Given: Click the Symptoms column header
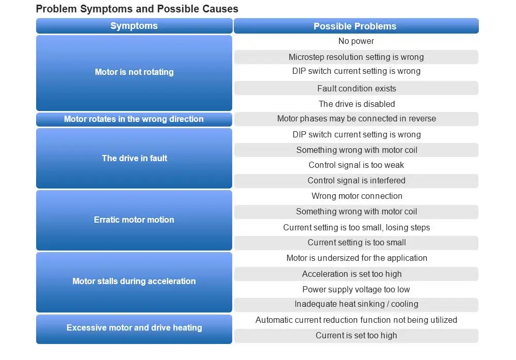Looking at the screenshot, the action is coord(134,26).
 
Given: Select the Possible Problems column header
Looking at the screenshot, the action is coord(356,26).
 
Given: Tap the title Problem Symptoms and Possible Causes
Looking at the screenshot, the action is coord(137,9).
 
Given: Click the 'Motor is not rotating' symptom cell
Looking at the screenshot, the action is coord(134,73).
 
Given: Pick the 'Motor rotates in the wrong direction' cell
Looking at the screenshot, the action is coord(134,119).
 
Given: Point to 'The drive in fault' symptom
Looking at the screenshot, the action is coord(134,158).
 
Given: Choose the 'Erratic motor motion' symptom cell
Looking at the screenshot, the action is coord(134,220).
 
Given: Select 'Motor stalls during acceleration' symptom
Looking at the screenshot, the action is coord(134,282).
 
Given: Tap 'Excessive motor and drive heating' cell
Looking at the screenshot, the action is coord(134,329).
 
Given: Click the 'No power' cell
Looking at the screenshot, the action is coord(356,41).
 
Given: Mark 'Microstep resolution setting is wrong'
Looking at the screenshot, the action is coord(356,57).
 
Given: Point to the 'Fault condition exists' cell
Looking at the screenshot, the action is coord(356,88).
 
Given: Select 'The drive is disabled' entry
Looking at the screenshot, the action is coord(356,104).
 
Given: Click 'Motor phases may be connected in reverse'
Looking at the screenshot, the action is coord(356,119).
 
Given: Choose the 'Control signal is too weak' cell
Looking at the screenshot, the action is coord(356,165).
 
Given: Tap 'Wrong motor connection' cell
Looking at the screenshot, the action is coord(356,196).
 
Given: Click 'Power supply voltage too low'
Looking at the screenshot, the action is coord(356,290).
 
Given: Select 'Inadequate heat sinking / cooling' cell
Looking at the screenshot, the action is coord(356,304).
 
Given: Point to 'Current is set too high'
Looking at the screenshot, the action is coord(356,336).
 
